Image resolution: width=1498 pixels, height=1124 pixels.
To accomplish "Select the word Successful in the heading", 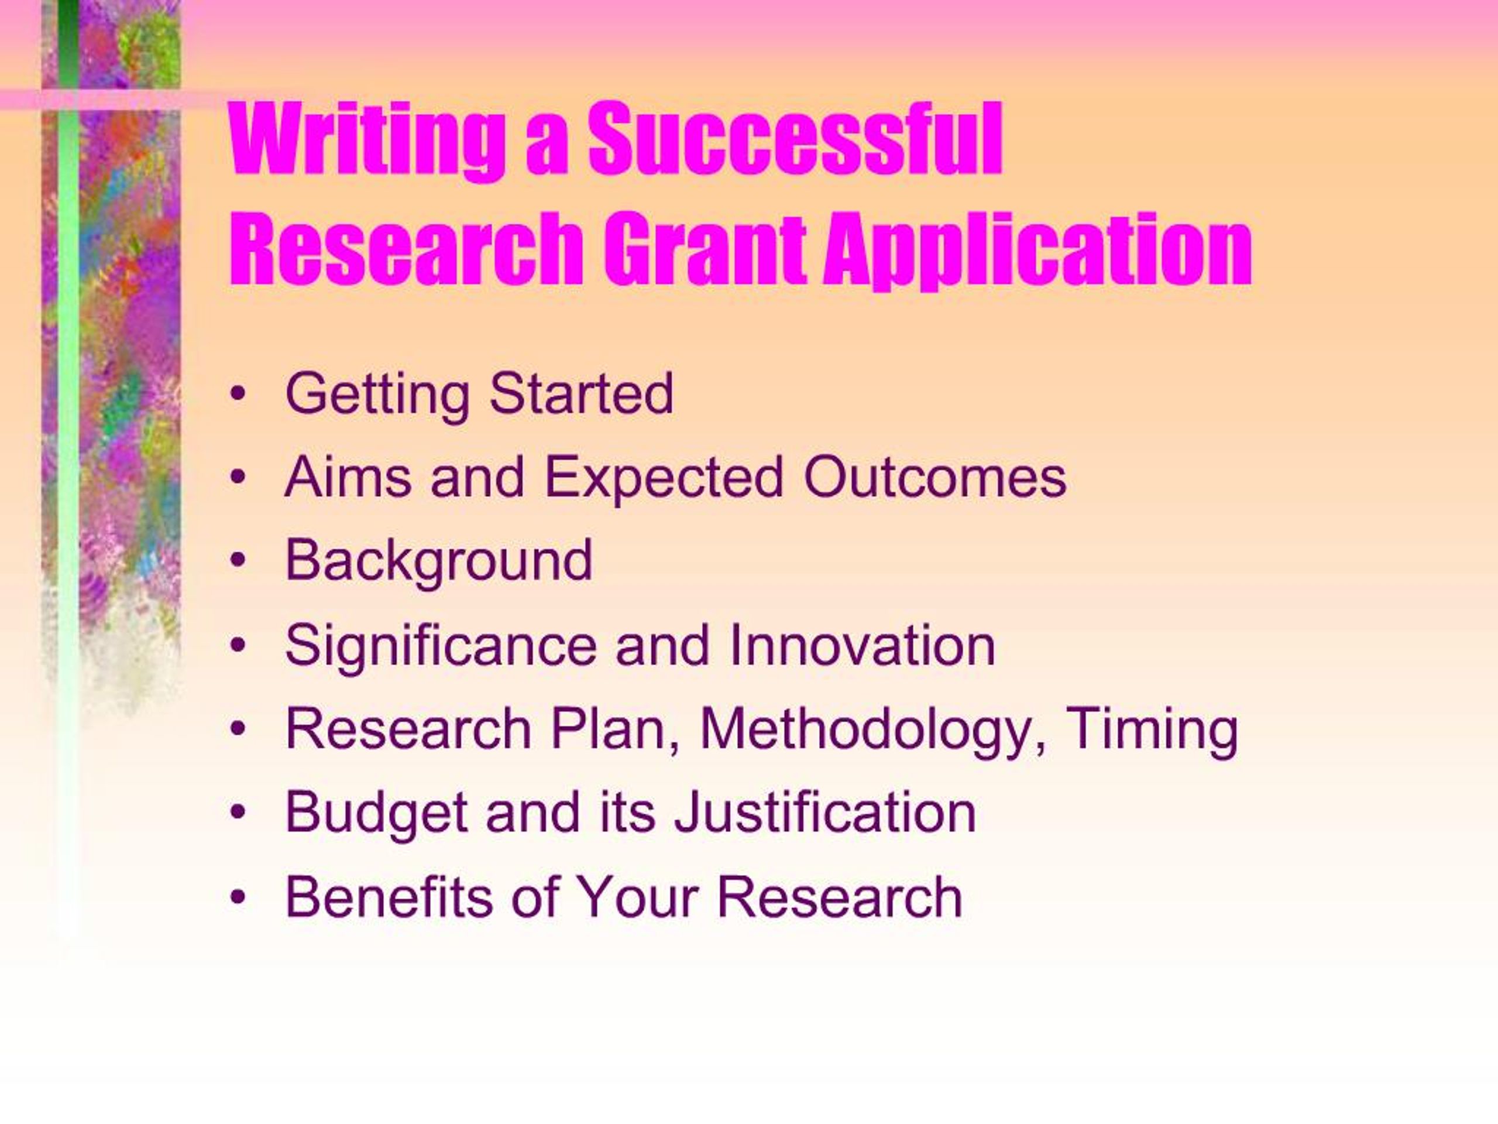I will pos(795,141).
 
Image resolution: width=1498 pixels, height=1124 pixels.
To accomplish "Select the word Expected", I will pos(664,478).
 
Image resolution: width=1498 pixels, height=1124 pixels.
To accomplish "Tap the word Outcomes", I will pos(934,477).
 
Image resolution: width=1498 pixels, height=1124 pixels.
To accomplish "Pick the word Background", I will pos(439,561).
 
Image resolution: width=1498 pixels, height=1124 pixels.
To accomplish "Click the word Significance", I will pos(441,646).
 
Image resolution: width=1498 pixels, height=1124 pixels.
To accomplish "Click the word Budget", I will pos(376,813).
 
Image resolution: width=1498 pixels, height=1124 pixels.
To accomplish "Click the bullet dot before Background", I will pos(236,561).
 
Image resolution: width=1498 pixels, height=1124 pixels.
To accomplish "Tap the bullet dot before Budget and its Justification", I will pos(236,813).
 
